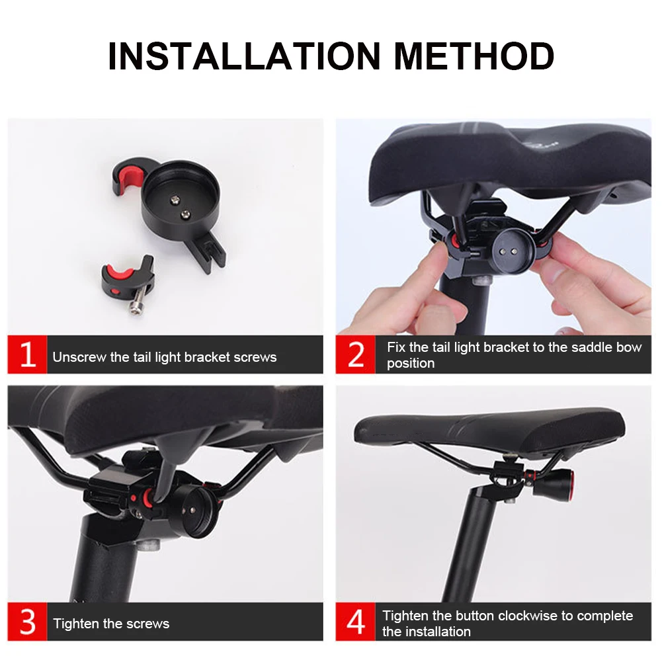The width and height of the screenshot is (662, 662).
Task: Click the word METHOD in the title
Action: (x=474, y=56)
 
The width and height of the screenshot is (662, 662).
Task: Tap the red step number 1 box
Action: (x=27, y=354)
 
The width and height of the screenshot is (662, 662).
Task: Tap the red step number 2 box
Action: (x=356, y=354)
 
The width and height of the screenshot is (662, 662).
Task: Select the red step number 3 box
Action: (x=27, y=622)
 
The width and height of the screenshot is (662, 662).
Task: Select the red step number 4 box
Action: (x=356, y=622)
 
